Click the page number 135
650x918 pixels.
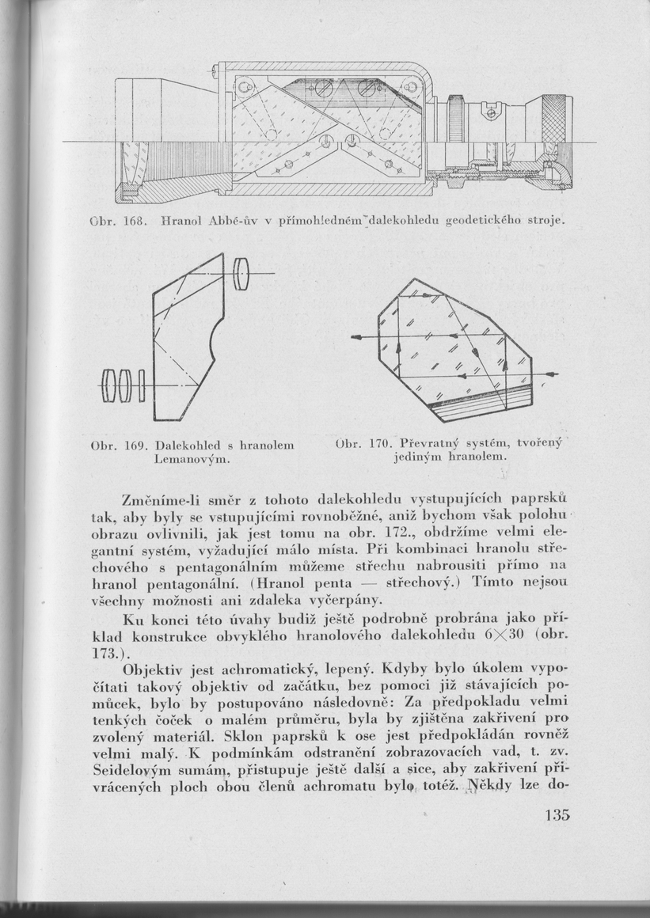click(557, 815)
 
